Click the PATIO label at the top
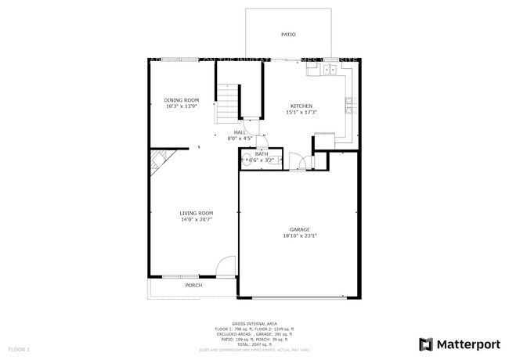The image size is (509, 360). click(288, 34)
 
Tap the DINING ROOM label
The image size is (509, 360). click(181, 99)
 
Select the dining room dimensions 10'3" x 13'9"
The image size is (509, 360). click(181, 106)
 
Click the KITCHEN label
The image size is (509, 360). click(301, 106)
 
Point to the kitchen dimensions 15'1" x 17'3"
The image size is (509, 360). click(301, 113)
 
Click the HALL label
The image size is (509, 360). click(240, 132)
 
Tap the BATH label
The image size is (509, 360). click(261, 153)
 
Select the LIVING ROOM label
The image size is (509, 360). click(196, 213)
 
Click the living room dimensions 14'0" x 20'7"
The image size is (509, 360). click(196, 220)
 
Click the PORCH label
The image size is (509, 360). click(193, 286)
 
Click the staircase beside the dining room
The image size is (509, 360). click(226, 99)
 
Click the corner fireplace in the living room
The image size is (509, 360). click(159, 162)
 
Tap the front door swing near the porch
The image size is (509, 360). click(225, 267)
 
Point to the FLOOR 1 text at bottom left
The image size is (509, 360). click(20, 348)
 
